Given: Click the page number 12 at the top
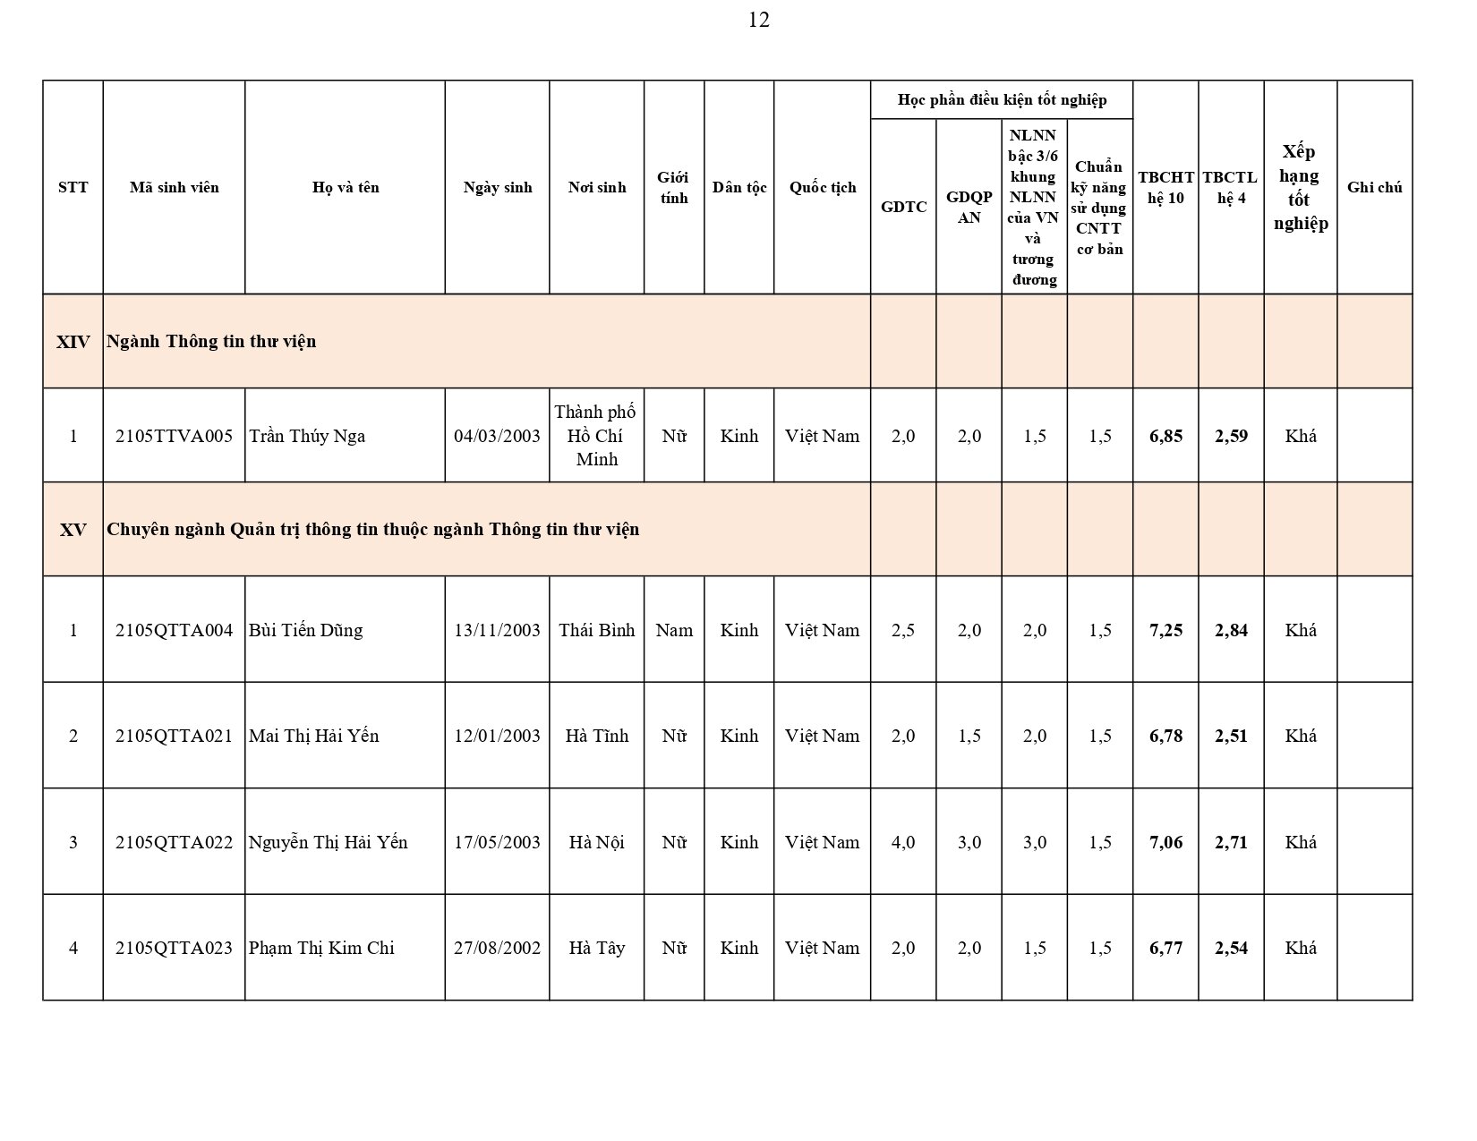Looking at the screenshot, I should coord(758,20).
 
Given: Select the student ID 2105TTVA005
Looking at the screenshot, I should coord(174,436).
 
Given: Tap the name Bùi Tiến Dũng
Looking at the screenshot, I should coord(305,630).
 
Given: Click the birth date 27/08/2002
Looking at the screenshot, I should coord(497,948).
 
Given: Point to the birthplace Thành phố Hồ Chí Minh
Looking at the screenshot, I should coord(596,436).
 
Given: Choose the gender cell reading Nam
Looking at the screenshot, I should coord(674,630).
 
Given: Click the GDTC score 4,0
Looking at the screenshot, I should coord(903,842).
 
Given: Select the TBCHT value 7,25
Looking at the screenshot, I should coord(1165,630).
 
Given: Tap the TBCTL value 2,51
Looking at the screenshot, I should coord(1231,736).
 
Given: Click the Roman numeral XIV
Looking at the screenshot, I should coord(73,341).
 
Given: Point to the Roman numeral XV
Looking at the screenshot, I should coord(73,529).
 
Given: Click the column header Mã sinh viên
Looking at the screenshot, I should coord(174,187).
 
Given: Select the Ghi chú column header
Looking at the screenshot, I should coord(1374,187).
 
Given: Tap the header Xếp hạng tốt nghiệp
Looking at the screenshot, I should coord(1300,187).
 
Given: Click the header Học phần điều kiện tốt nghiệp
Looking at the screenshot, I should coord(1002,99).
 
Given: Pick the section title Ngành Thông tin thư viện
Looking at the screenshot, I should coord(211,341).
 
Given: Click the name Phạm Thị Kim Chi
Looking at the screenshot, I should coord(321,948).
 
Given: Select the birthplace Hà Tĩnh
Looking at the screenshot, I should coord(596,736).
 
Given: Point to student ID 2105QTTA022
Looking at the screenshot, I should coord(174,842).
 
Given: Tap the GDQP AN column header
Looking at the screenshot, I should coord(969,207).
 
